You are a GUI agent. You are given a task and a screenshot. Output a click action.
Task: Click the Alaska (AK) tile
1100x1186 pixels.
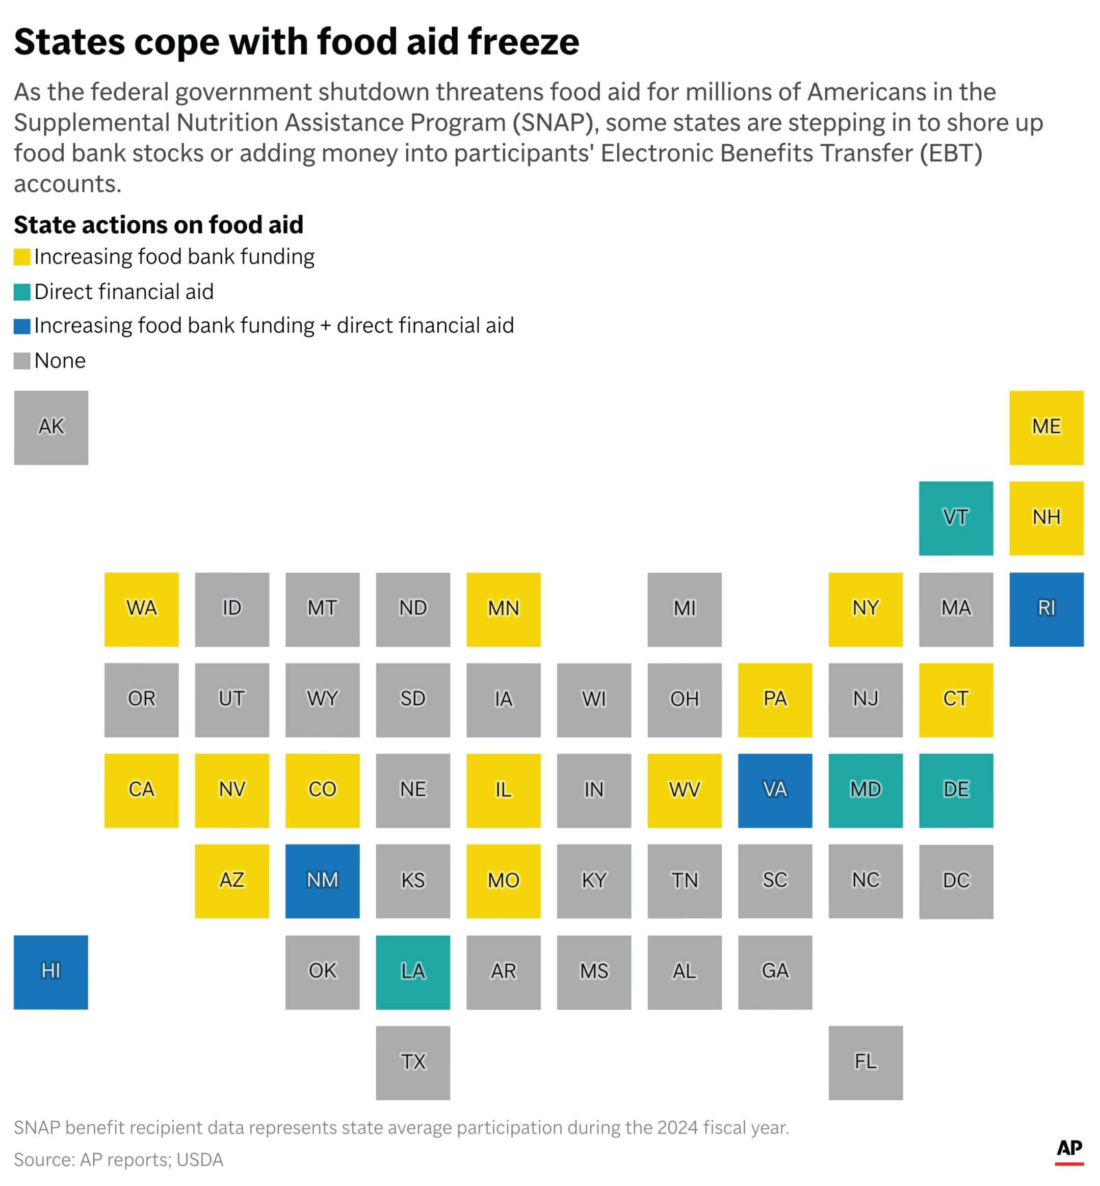(x=51, y=427)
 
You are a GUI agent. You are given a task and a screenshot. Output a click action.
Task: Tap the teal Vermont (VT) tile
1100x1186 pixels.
(x=955, y=518)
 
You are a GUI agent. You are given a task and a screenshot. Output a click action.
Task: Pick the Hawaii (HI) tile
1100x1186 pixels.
(x=51, y=972)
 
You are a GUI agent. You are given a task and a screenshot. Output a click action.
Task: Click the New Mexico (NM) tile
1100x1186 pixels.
(x=322, y=881)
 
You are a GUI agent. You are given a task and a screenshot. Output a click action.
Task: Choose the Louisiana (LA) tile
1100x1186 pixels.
(x=412, y=972)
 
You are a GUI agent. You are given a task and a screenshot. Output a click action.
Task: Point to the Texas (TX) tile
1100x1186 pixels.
(x=412, y=1062)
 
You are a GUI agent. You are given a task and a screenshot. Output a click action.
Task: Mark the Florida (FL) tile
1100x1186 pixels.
(x=865, y=1062)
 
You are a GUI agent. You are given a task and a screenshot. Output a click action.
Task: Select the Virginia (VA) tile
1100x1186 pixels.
(x=774, y=790)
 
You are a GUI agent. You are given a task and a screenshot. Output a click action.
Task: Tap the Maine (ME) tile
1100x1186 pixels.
(x=1046, y=427)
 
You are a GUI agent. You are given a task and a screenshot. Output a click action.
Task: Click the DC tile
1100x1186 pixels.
(x=955, y=881)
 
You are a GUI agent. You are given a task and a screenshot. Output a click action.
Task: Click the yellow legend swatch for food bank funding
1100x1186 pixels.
(x=22, y=257)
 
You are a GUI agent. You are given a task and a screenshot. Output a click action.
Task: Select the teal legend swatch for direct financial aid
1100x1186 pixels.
(x=22, y=292)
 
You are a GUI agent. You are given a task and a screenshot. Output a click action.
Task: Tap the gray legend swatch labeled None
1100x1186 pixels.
(x=22, y=361)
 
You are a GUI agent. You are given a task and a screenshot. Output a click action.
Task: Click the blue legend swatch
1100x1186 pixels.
(x=22, y=326)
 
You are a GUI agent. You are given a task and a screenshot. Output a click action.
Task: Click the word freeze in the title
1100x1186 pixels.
(x=523, y=42)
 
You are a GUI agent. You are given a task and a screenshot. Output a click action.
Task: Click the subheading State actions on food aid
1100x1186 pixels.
(x=159, y=225)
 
